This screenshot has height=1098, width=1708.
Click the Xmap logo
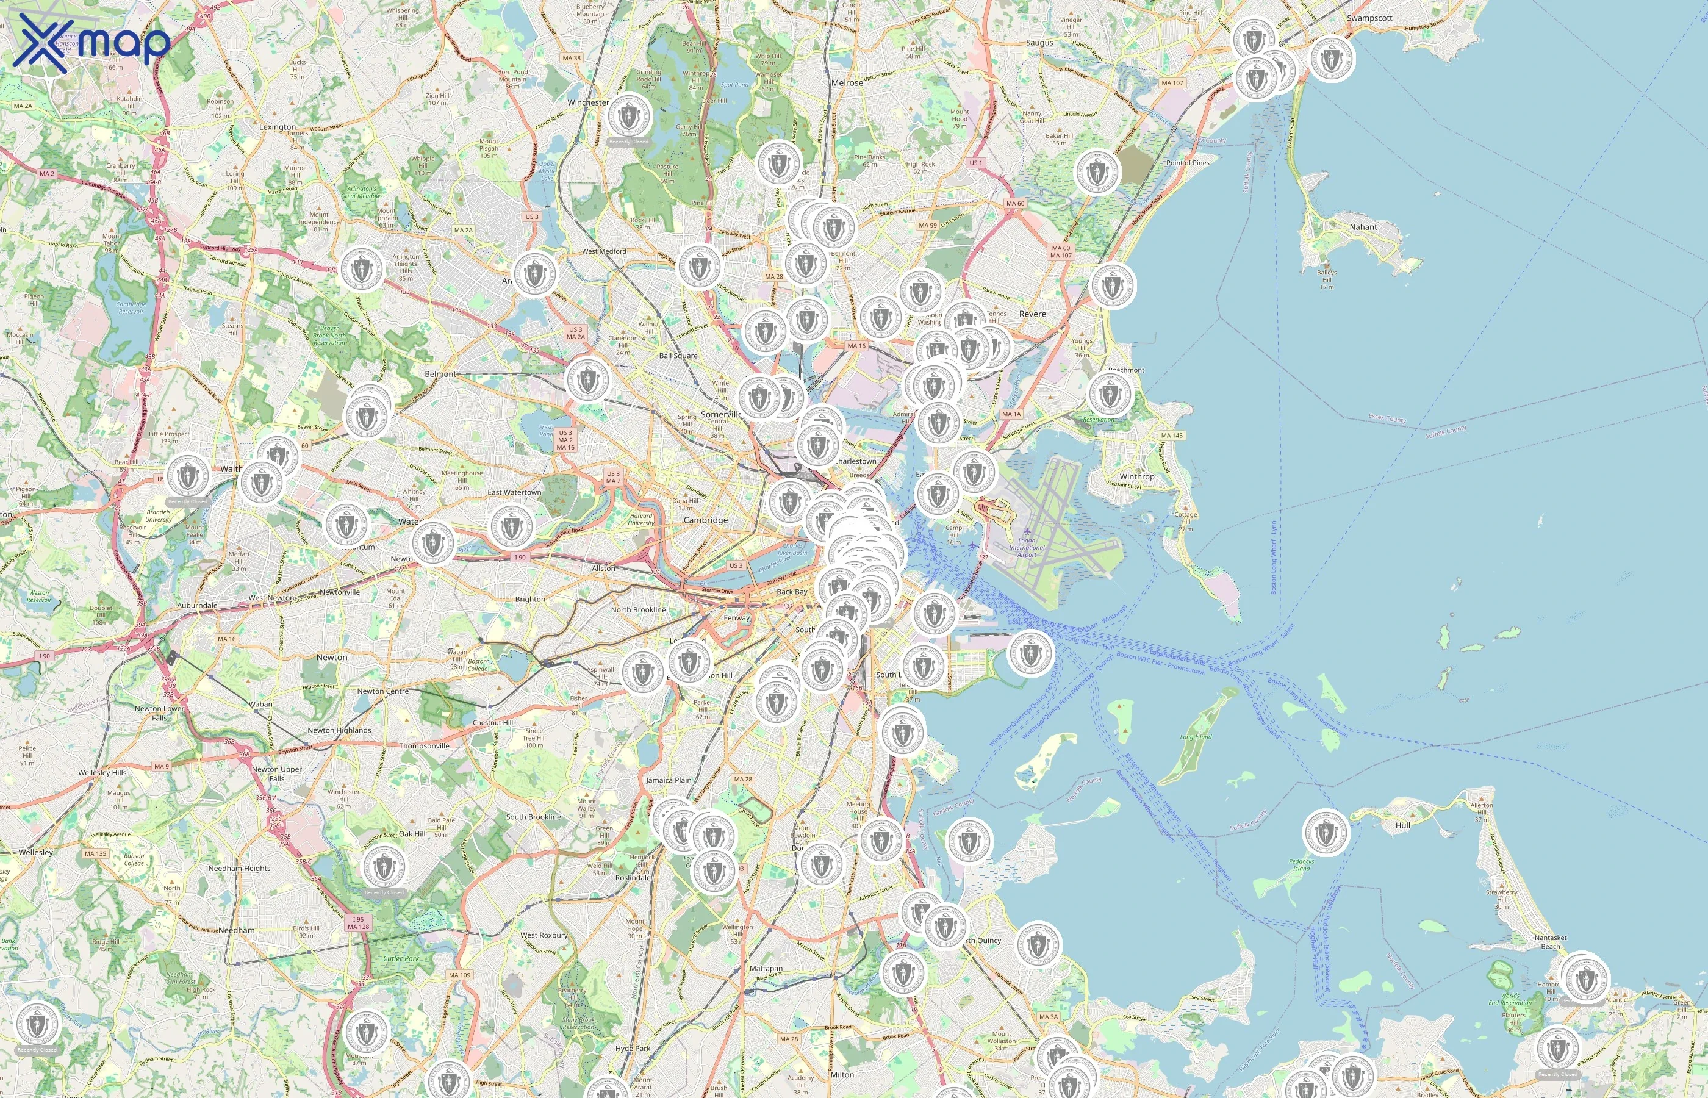tap(91, 43)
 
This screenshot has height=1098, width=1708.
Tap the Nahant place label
tap(1362, 227)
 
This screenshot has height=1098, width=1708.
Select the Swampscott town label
tap(1369, 18)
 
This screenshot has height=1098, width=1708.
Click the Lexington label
tap(278, 127)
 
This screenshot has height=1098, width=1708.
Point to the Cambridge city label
tap(705, 520)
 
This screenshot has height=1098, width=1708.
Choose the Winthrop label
tap(1136, 476)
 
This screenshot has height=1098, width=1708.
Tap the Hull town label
tap(1402, 825)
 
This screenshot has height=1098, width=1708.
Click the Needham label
tap(236, 930)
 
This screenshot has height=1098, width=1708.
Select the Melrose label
tap(847, 83)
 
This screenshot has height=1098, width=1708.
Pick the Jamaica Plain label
tap(668, 780)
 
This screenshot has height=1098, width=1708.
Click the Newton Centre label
tap(383, 691)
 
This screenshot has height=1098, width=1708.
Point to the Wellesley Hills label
tap(102, 772)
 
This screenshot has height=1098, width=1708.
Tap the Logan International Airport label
tap(1027, 548)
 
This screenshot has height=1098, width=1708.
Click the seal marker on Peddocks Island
tap(1325, 832)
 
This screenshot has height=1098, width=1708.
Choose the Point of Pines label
tap(1187, 162)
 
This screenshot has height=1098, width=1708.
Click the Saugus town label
tap(1039, 43)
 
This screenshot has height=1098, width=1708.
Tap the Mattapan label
tap(766, 968)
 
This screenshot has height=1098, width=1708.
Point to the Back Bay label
tap(791, 592)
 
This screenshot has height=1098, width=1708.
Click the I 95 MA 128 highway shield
tap(358, 922)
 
